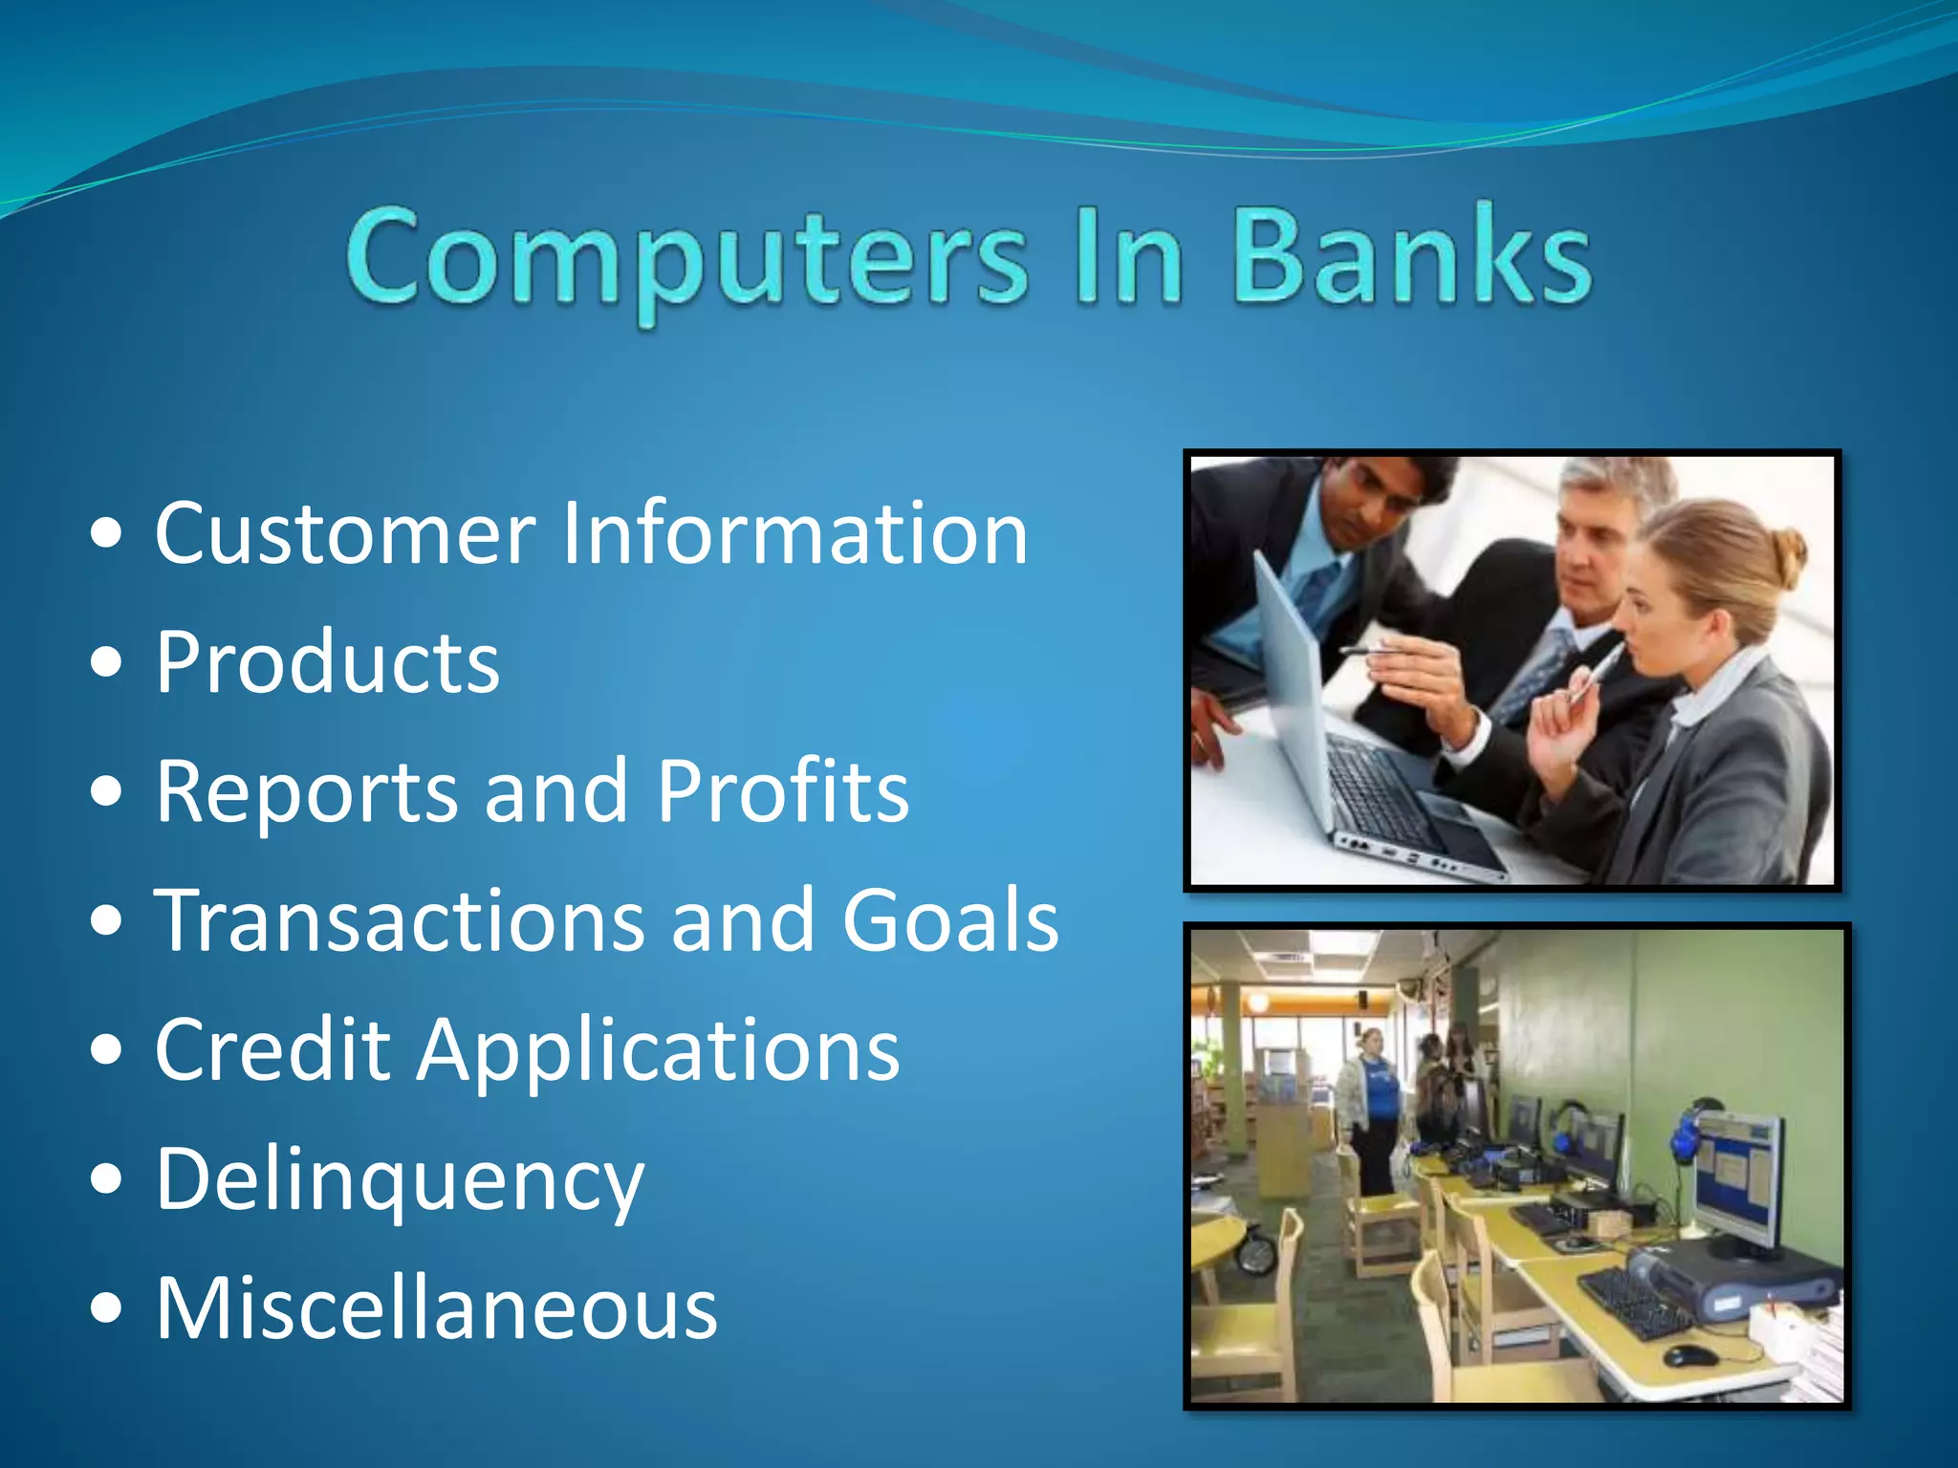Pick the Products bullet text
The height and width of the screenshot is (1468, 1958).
tap(327, 662)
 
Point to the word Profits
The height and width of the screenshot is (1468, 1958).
tap(782, 791)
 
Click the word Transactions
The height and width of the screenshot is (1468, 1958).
tap(400, 920)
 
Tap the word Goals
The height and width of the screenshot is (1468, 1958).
tap(950, 920)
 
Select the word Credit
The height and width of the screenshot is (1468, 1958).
tap(273, 1049)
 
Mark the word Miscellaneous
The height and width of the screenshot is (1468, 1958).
tap(436, 1307)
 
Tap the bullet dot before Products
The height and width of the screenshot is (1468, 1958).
tap(107, 662)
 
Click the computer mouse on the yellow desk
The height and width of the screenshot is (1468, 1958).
tap(1687, 1355)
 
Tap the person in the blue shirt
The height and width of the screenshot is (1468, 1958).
tap(1375, 1099)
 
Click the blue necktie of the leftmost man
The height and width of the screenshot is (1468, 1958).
tap(1316, 593)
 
